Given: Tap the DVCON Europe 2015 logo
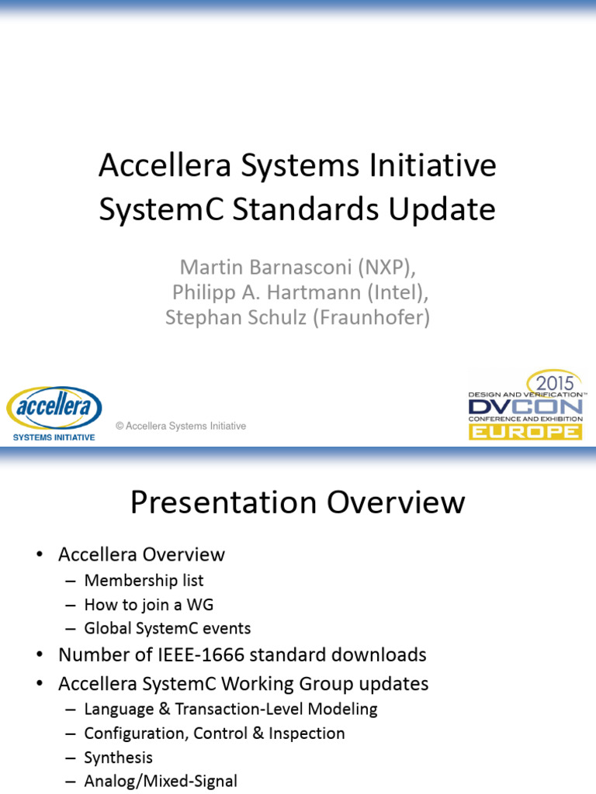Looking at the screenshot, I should [525, 406].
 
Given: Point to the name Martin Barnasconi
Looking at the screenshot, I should [265, 268].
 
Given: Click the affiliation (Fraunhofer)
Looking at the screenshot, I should [371, 318].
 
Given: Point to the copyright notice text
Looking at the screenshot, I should [181, 426].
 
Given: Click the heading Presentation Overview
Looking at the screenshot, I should [297, 502].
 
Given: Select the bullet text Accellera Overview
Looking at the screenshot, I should [141, 554].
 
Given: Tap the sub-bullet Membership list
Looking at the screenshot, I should [144, 580].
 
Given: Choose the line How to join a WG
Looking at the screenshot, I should [148, 604].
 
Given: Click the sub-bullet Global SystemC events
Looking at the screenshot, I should [167, 628].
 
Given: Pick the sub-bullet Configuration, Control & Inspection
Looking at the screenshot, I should [214, 733].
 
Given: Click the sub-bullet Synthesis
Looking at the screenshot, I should [118, 758].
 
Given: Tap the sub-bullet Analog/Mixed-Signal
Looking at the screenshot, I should [160, 782].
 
